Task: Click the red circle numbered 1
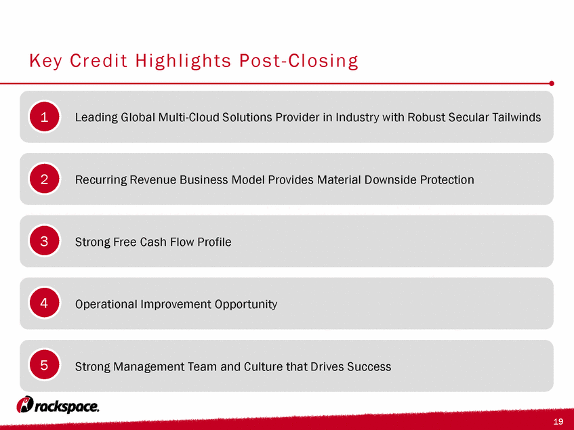[44, 116]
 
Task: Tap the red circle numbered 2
[44, 179]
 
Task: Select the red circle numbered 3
[44, 241]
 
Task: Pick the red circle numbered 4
[44, 303]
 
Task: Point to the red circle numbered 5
[44, 365]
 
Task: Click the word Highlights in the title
[184, 61]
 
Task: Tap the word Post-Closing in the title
[299, 61]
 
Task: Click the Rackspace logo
[58, 405]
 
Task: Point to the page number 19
[558, 422]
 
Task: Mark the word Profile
[214, 242]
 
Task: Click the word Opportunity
[245, 304]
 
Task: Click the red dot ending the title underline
[552, 83]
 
